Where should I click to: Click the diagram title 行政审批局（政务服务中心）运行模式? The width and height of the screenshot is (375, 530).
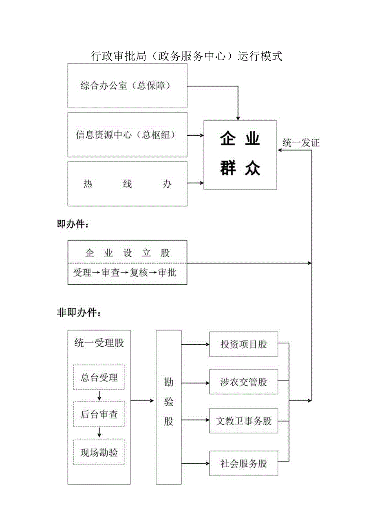[x=187, y=56]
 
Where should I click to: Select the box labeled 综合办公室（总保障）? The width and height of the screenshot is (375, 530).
[x=127, y=86]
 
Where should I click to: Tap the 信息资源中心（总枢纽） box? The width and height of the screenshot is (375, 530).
[x=127, y=135]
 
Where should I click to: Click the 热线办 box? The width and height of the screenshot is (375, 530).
[x=127, y=184]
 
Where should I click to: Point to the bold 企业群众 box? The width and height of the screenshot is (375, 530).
[x=240, y=155]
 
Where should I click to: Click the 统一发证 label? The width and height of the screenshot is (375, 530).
[x=301, y=143]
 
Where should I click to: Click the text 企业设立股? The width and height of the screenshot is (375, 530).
[x=127, y=253]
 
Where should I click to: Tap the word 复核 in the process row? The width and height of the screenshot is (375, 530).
[x=139, y=273]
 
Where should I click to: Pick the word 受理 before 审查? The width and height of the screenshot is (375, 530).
[x=82, y=273]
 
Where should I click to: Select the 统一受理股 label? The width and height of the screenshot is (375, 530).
[x=99, y=343]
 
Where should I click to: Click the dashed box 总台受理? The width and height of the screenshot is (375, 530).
[x=99, y=377]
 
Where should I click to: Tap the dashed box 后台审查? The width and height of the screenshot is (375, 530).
[x=99, y=414]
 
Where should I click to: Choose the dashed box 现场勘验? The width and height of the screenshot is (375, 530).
[x=99, y=452]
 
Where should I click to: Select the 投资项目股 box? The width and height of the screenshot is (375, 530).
[x=244, y=344]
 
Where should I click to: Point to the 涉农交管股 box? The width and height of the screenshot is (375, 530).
[x=244, y=382]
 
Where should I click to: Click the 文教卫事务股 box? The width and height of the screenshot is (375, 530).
[x=244, y=421]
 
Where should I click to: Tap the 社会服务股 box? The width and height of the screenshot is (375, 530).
[x=244, y=464]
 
